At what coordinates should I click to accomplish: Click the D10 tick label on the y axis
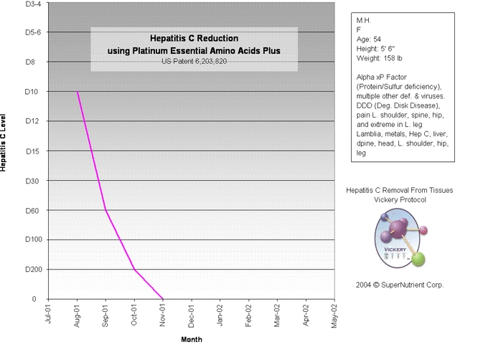coord(31,92)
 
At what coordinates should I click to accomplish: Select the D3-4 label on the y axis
coord(33,4)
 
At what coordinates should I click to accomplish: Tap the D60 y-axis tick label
coord(31,211)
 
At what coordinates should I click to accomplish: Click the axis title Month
coord(191,339)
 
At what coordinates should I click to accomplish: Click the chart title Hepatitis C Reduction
coord(194,38)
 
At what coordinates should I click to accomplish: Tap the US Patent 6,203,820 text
coord(194,62)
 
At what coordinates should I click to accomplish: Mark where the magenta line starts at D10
coord(77,92)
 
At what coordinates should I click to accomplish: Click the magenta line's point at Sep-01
coord(105,210)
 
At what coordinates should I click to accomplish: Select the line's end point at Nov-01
coord(163,299)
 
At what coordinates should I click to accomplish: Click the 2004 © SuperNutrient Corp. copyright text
coord(400,285)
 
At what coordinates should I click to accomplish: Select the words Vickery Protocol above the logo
coord(400,200)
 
